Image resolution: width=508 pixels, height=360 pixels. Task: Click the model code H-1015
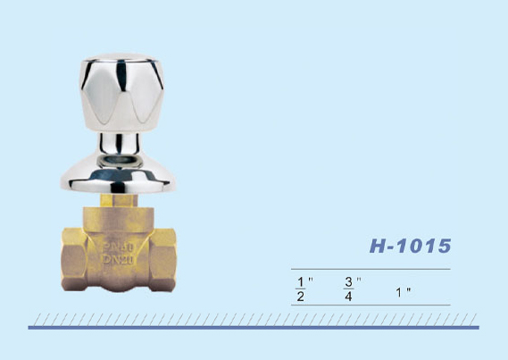tap(410, 246)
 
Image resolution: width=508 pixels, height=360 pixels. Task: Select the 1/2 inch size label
tap(304, 289)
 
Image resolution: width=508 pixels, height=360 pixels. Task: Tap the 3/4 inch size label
tap(352, 289)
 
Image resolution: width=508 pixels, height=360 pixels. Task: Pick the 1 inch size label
tap(403, 293)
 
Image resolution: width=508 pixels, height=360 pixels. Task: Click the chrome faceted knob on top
tap(121, 93)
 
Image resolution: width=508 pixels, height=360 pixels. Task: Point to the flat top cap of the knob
tap(121, 57)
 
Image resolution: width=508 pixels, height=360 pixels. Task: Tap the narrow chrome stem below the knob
tap(120, 143)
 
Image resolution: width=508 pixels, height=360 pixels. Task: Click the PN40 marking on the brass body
tap(118, 247)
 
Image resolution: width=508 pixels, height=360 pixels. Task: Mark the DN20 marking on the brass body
tap(118, 260)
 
